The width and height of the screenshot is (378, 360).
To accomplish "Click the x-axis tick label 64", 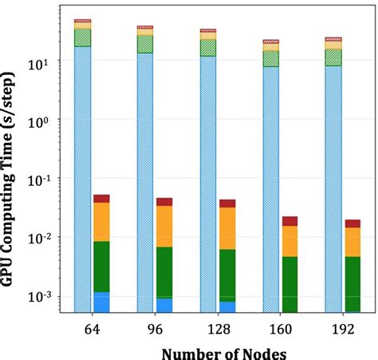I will (91, 328).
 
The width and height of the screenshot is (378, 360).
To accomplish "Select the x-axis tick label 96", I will (154, 328).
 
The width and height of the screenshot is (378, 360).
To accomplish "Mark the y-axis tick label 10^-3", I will (41, 296).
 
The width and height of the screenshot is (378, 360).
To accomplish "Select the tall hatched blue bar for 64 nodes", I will (82, 176).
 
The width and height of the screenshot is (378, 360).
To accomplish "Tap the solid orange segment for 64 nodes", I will (101, 221).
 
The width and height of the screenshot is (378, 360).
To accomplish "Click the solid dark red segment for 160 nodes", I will (289, 221).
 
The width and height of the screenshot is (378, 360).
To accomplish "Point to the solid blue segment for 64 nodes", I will (101, 302).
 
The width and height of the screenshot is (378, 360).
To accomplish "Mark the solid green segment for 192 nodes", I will (352, 283).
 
